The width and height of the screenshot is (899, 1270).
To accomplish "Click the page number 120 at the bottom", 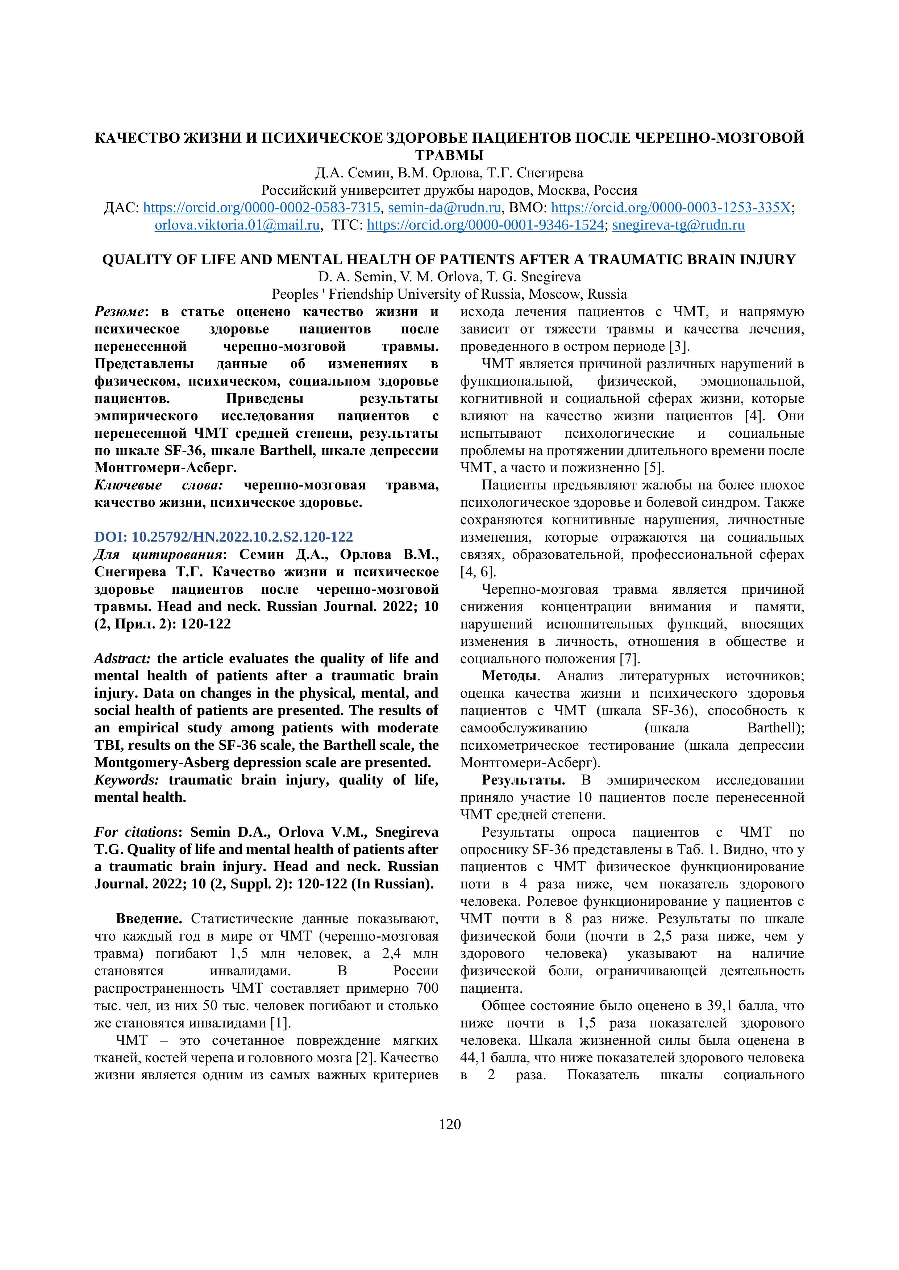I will (449, 1124).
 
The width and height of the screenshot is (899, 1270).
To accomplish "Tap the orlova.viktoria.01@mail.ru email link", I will (237, 225).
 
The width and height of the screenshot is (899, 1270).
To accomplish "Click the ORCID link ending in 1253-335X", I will (671, 207).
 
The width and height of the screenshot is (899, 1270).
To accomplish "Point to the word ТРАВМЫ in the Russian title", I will (449, 155).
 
